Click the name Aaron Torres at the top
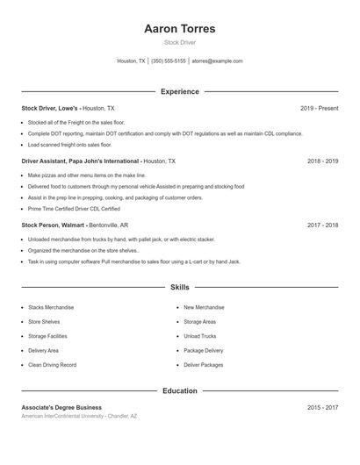180,29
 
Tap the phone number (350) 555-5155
169,61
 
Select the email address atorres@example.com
217,61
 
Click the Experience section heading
180,91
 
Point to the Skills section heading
180,287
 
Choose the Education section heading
180,390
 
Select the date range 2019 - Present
319,108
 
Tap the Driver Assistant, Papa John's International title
80,161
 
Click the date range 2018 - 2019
322,161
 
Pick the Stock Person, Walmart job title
53,225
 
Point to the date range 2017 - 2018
322,225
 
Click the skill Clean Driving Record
52,364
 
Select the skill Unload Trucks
200,336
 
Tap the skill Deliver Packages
203,364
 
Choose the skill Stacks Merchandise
51,307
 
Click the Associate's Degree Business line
61,407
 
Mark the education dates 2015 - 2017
322,407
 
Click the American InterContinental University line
79,416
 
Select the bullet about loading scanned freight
69,145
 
